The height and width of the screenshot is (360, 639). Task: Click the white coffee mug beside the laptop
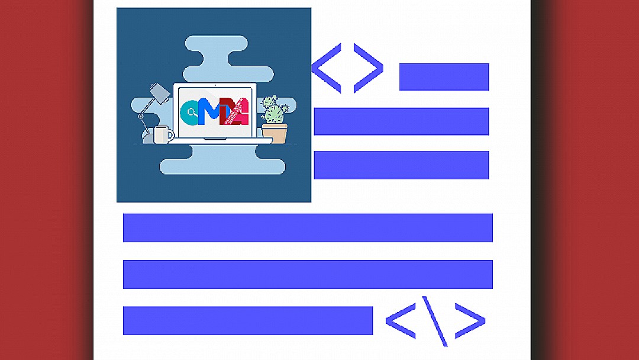pyautogui.click(x=163, y=135)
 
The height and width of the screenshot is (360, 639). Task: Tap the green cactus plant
pyautogui.click(x=273, y=111)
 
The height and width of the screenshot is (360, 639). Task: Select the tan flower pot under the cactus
pyautogui.click(x=275, y=133)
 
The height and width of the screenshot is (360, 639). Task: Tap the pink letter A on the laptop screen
pyautogui.click(x=237, y=112)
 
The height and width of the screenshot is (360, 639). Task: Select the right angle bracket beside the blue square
pyautogui.click(x=369, y=68)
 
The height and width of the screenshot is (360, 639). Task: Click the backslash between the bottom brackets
pyautogui.click(x=434, y=320)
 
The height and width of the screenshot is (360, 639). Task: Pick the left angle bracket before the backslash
pyautogui.click(x=401, y=321)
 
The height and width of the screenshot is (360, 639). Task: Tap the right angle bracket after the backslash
pyautogui.click(x=470, y=321)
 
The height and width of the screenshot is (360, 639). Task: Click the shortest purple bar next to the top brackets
pyautogui.click(x=444, y=77)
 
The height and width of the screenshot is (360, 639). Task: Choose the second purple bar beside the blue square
pyautogui.click(x=401, y=121)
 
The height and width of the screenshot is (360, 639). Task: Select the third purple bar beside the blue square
pyautogui.click(x=401, y=165)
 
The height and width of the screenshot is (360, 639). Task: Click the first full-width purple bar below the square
pyautogui.click(x=308, y=227)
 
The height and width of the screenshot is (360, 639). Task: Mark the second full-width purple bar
pyautogui.click(x=308, y=274)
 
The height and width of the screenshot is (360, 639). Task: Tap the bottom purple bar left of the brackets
pyautogui.click(x=247, y=320)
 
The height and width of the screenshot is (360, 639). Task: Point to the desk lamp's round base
pyautogui.click(x=142, y=116)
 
